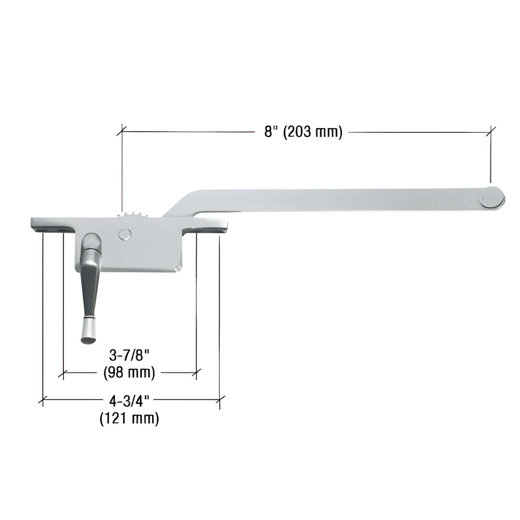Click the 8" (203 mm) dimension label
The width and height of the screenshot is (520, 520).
(x=303, y=132)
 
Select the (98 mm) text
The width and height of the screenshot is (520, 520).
(x=129, y=372)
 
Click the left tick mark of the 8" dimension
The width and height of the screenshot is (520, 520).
(x=122, y=132)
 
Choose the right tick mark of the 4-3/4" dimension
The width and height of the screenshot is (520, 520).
(x=220, y=399)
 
